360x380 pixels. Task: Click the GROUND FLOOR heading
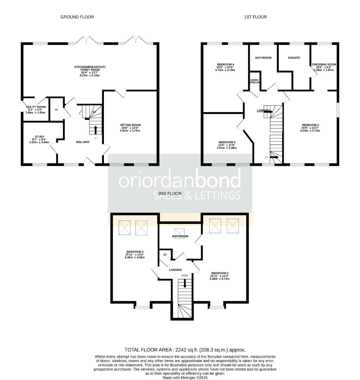click(x=77, y=17)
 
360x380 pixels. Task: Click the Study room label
click(x=39, y=137)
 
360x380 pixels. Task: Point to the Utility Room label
click(x=36, y=107)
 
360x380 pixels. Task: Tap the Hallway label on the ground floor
click(x=83, y=142)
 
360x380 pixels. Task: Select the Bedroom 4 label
click(x=225, y=64)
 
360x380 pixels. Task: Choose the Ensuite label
click(x=294, y=58)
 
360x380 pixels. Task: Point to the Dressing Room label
click(x=324, y=64)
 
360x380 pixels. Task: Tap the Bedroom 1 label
click(x=310, y=125)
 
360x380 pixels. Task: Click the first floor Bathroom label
click(x=263, y=58)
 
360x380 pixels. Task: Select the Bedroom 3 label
click(x=135, y=252)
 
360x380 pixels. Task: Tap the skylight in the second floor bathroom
click(x=179, y=232)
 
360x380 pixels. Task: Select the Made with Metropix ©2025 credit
click(x=185, y=378)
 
